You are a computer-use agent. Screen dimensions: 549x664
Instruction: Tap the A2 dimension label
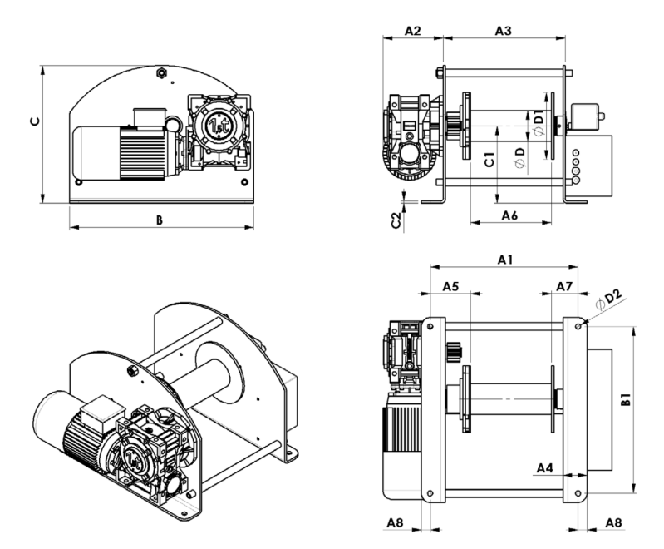[x=413, y=31]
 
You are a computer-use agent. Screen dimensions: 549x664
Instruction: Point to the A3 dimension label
[x=502, y=31]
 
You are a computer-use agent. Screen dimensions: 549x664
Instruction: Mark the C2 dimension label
[x=396, y=220]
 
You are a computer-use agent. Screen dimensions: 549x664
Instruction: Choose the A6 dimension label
[x=510, y=215]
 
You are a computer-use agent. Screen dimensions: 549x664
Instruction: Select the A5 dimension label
[x=450, y=285]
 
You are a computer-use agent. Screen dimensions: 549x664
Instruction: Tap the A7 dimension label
[x=564, y=285]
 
